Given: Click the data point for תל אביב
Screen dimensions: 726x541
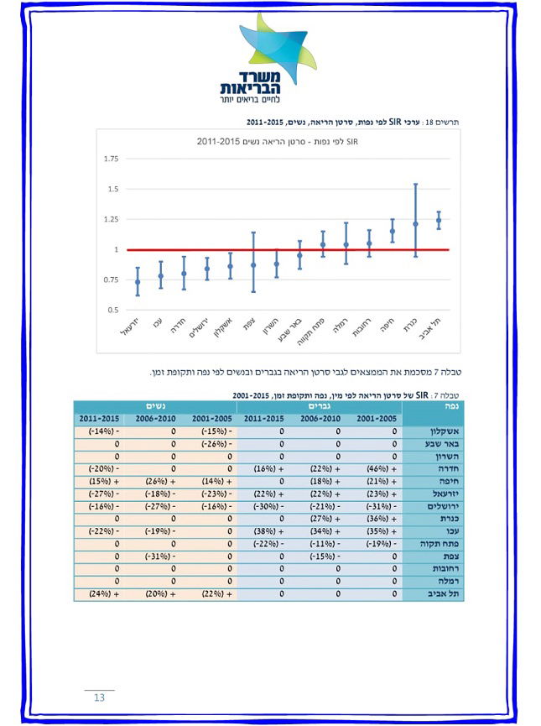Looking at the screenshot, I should pyautogui.click(x=438, y=221).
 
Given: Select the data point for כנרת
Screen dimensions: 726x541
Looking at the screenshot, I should pyautogui.click(x=415, y=224).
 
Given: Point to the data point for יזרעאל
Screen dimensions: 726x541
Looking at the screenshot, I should pyautogui.click(x=138, y=282).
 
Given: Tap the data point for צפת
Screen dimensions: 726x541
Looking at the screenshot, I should pyautogui.click(x=253, y=265).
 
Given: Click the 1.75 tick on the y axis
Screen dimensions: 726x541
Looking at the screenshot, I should pyautogui.click(x=112, y=159).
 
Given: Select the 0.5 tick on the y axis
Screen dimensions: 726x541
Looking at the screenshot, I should pyautogui.click(x=112, y=310).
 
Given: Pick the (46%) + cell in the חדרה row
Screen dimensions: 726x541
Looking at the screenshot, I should pyautogui.click(x=377, y=468).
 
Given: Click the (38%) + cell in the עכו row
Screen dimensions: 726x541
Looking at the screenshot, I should pyautogui.click(x=266, y=531).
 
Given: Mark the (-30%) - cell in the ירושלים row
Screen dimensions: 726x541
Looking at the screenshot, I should pyautogui.click(x=266, y=506).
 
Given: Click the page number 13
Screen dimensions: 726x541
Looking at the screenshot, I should pyautogui.click(x=99, y=698).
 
